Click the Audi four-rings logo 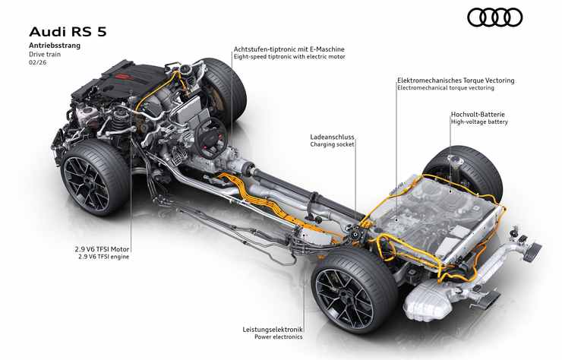pyautogui.click(x=494, y=17)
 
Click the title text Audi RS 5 pyautogui.click(x=66, y=31)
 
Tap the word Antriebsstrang pyautogui.click(x=54, y=46)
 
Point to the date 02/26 pyautogui.click(x=38, y=63)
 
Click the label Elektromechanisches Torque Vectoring pyautogui.click(x=455, y=79)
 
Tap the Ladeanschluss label pyautogui.click(x=332, y=137)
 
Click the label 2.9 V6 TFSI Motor pyautogui.click(x=104, y=248)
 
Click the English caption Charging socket pyautogui.click(x=332, y=146)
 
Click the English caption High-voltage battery pyautogui.click(x=478, y=122)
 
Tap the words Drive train pyautogui.click(x=44, y=55)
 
